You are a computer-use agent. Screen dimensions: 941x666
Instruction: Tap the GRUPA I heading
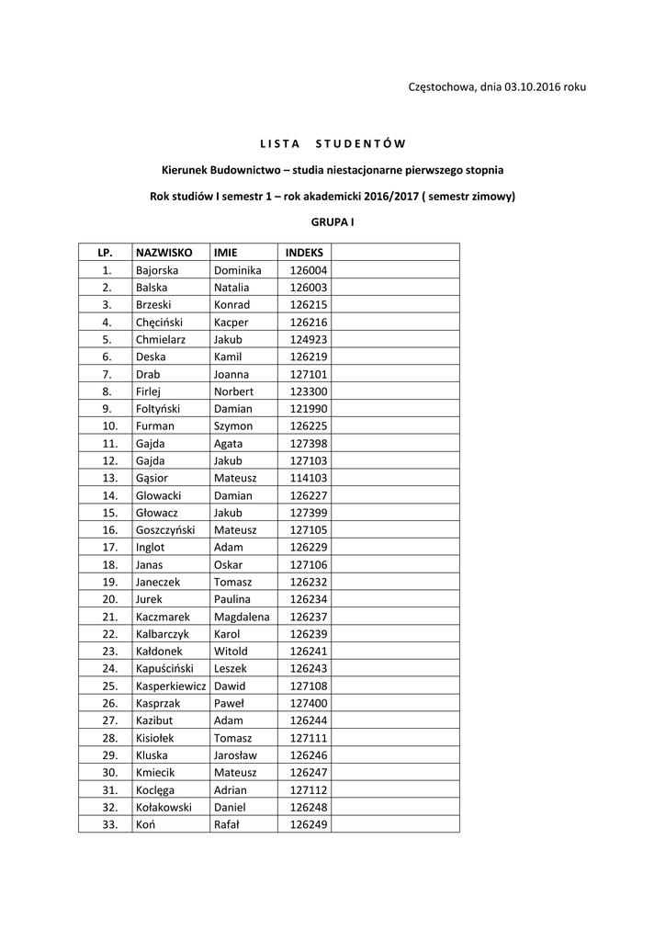pos(333,222)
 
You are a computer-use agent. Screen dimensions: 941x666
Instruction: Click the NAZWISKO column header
pos(164,252)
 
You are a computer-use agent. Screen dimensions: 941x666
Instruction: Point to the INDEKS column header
pos(304,252)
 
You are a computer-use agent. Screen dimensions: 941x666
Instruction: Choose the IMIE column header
pos(225,252)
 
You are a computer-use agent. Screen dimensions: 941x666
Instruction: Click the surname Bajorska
pos(157,270)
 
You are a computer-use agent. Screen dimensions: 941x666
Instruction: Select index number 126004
pos(309,270)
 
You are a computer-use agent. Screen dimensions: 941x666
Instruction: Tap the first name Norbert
pos(233,391)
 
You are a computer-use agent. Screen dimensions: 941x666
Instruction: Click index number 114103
pos(309,478)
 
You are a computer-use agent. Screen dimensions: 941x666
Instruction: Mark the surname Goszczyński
pos(165,530)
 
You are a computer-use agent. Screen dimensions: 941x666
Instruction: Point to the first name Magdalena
pos(242,617)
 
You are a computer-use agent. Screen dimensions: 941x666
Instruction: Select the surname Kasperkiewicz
pos(171,686)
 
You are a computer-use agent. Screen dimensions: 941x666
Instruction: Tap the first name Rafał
pos(226,824)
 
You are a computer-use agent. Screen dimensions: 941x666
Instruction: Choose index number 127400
pos(309,703)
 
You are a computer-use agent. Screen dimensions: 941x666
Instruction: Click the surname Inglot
pos(151,548)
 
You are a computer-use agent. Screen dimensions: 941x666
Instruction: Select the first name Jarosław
pos(235,755)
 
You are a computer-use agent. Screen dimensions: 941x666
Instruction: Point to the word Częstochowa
pos(441,86)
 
